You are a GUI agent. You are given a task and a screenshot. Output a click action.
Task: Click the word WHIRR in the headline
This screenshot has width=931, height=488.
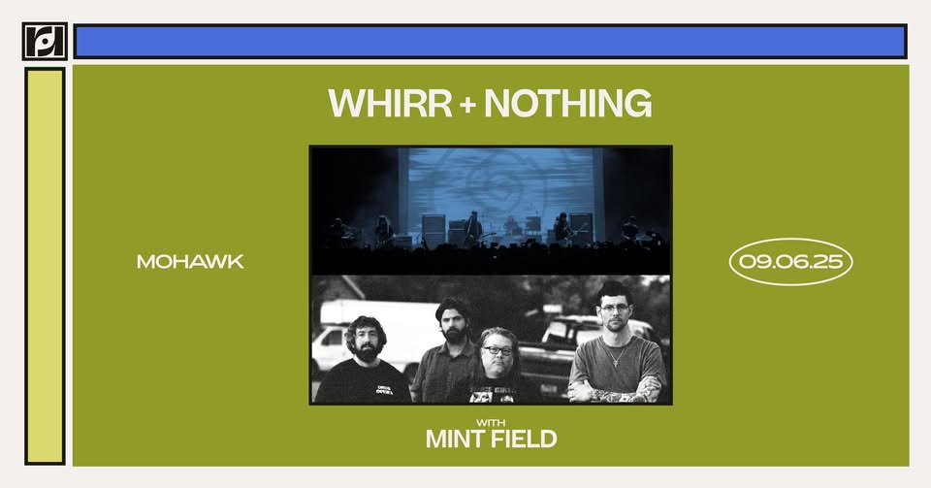click(390, 103)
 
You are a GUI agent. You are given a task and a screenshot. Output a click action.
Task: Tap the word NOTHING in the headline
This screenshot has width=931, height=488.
click(568, 103)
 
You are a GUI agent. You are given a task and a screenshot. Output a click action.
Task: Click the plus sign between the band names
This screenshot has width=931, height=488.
click(467, 105)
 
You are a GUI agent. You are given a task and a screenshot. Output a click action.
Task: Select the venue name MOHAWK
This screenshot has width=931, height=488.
click(190, 261)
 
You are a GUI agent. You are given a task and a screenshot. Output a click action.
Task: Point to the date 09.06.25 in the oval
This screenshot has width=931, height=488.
click(791, 261)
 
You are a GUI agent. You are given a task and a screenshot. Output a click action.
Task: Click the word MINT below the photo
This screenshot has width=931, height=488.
click(456, 439)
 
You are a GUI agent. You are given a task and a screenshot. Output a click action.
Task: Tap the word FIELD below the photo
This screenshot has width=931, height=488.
click(525, 439)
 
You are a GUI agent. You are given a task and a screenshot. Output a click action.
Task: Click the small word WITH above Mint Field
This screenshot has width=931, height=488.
click(491, 423)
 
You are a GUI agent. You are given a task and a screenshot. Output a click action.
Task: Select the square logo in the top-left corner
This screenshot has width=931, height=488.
click(45, 41)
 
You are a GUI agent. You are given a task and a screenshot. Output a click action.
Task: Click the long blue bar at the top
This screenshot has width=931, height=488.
click(491, 42)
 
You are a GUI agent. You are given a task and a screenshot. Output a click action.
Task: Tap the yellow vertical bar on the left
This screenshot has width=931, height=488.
click(45, 266)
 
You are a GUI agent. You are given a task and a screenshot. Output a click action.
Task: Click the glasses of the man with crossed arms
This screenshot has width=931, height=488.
click(614, 309)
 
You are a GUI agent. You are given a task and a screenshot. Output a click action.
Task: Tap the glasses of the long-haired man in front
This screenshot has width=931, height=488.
click(498, 350)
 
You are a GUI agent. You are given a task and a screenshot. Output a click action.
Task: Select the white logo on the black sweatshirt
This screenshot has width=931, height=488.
click(384, 390)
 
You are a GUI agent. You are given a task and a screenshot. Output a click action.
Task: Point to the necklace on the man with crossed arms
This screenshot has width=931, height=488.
click(618, 356)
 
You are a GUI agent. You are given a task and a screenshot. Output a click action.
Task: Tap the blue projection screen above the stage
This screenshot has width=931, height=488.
click(501, 184)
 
